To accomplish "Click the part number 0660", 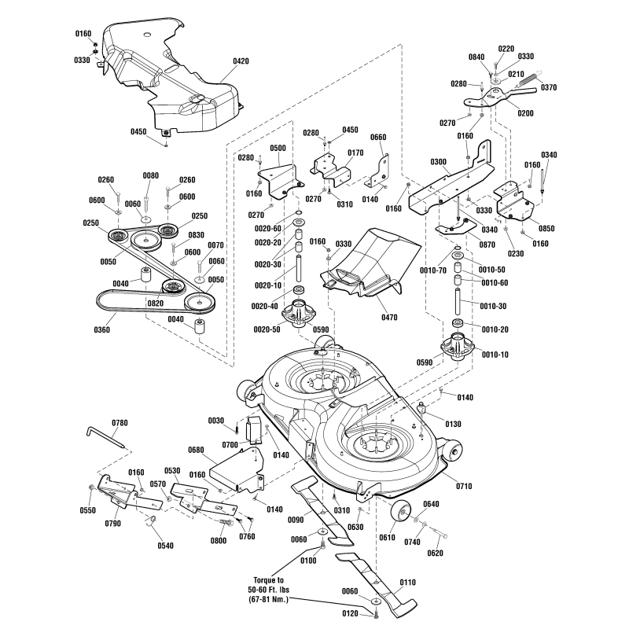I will tap(378, 137).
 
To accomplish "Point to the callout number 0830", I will tap(196, 234).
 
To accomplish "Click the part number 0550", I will tap(87, 509).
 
